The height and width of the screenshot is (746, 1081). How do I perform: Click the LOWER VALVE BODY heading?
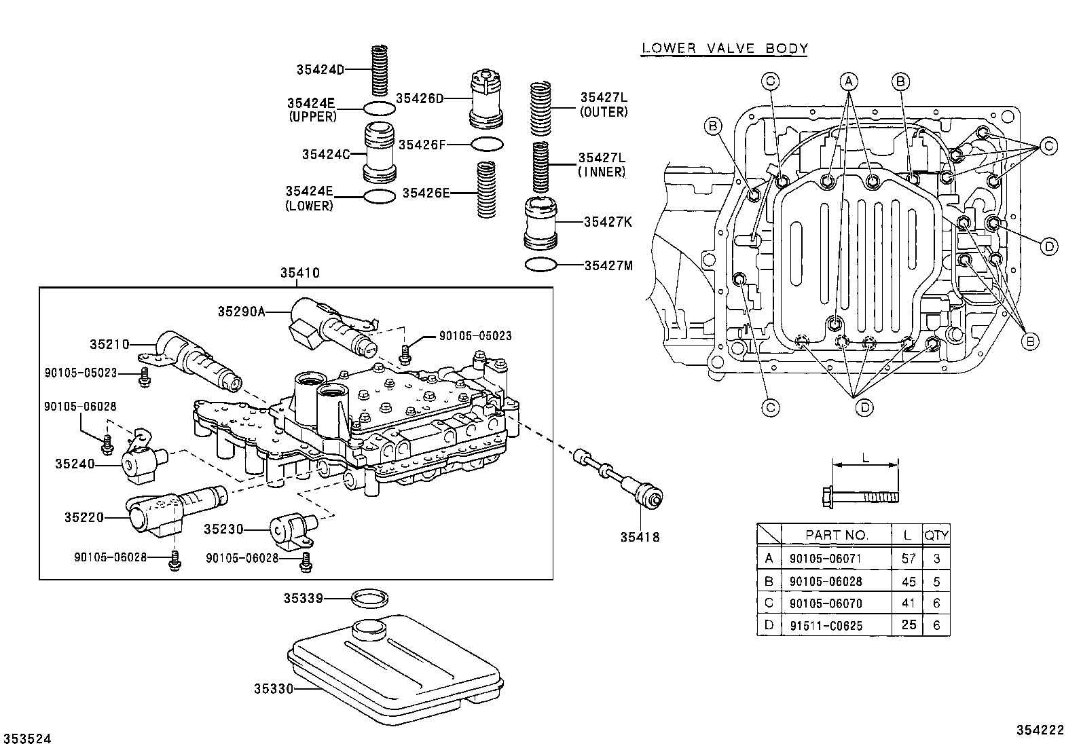click(725, 48)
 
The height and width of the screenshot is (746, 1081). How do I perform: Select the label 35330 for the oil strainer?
click(273, 689)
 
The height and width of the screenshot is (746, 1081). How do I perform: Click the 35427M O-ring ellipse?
click(541, 265)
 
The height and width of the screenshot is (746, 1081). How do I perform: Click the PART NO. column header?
click(837, 535)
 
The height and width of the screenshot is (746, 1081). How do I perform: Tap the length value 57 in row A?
click(908, 559)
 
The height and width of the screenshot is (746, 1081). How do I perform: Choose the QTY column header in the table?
click(936, 535)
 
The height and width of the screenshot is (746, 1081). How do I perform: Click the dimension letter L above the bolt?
click(865, 458)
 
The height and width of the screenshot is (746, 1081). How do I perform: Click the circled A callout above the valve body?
click(849, 81)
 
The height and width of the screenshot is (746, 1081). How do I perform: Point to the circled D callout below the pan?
click(864, 407)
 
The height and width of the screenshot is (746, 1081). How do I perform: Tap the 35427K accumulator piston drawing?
click(541, 222)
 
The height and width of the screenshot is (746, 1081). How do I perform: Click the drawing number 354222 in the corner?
click(1039, 730)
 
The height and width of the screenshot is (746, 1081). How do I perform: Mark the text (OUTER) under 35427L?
click(604, 112)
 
